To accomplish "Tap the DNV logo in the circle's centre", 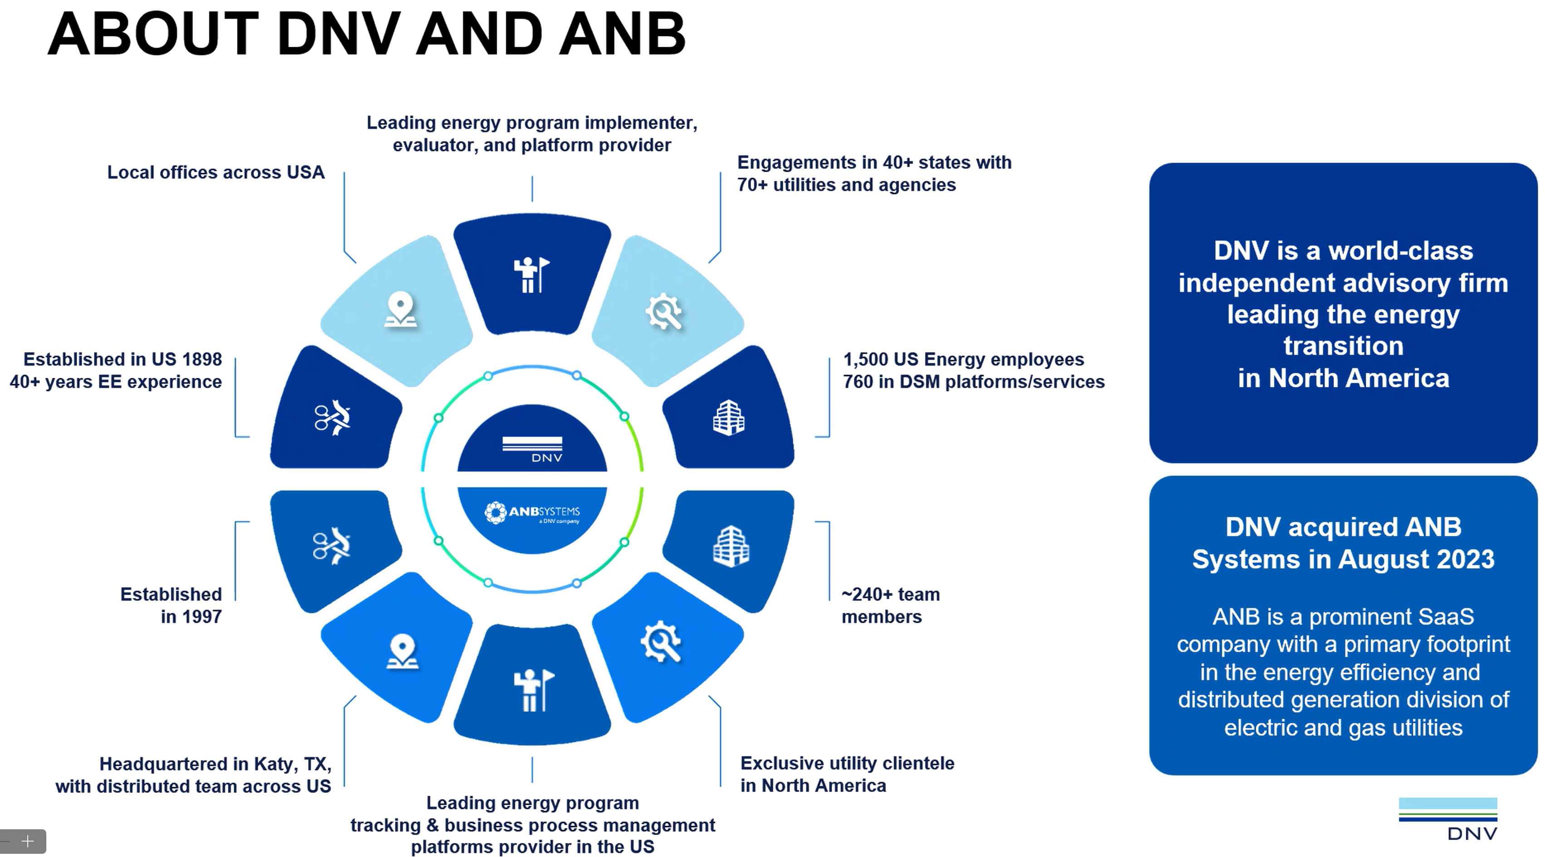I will tap(532, 448).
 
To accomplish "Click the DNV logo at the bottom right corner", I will tap(1448, 818).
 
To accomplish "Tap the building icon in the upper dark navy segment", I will tap(729, 418).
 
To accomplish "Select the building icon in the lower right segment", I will tap(731, 546).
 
